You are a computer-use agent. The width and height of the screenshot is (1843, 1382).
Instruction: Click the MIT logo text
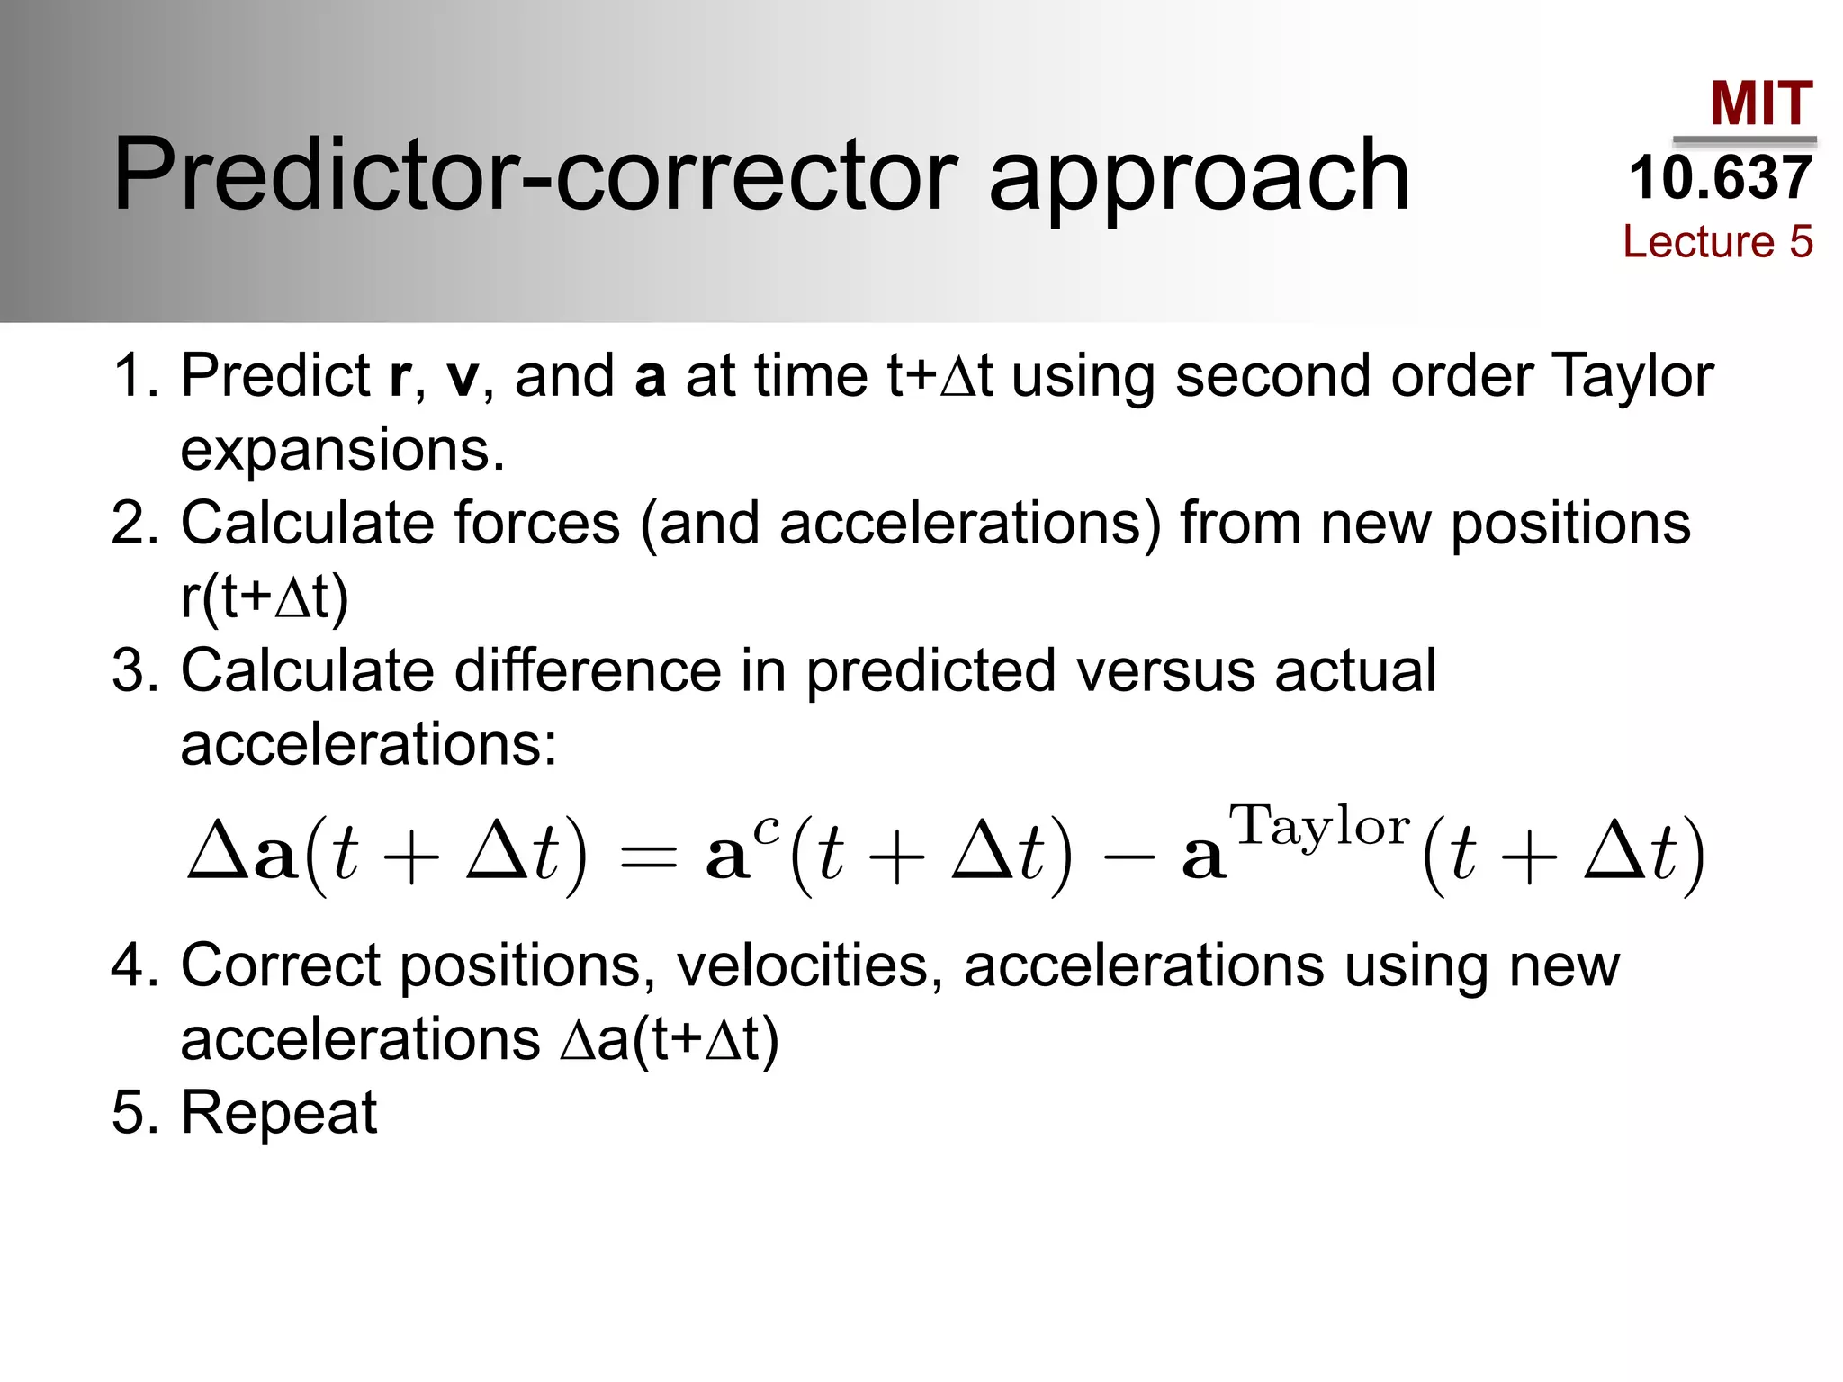1760,103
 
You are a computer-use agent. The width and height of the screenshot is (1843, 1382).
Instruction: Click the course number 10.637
1720,177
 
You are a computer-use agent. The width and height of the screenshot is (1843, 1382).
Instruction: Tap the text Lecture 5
1717,241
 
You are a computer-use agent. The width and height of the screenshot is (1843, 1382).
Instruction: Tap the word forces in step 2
536,523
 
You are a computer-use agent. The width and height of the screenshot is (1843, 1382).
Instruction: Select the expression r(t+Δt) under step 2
265,597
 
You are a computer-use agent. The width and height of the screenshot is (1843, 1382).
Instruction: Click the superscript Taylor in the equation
1319,826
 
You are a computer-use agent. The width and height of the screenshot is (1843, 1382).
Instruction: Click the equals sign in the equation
648,859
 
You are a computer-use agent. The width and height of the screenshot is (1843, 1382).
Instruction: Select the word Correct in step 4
280,965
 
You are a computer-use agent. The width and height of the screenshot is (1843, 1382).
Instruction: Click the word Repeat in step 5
279,1113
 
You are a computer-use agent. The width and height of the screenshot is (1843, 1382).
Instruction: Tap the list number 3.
131,670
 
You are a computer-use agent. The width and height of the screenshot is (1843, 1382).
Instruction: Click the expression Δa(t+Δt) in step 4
669,1040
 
